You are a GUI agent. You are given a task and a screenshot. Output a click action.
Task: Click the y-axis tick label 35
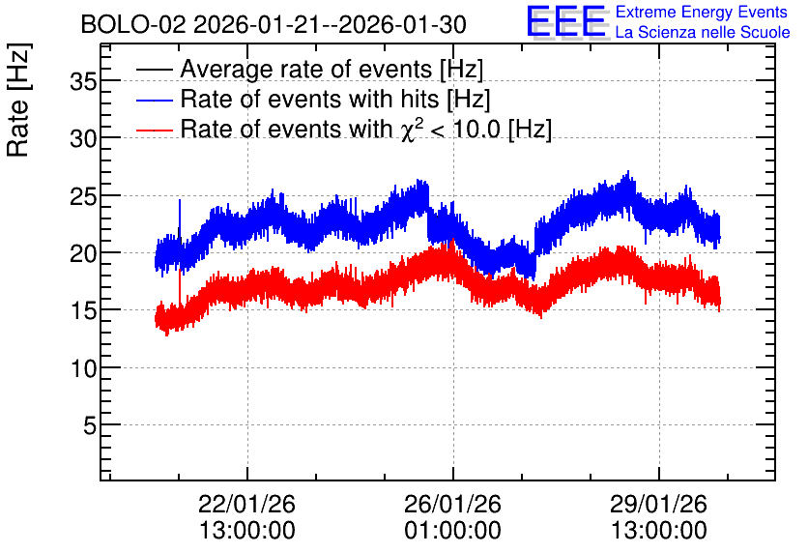[x=83, y=81]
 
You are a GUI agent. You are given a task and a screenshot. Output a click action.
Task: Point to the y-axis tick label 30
[x=83, y=138]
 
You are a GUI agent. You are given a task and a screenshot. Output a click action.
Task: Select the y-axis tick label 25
[x=83, y=196]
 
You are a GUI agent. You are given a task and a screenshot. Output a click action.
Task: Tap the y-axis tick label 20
[x=83, y=253]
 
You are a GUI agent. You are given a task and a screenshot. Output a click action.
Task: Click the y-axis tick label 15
[x=83, y=310]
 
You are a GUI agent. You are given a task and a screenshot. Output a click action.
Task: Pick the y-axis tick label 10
[x=83, y=368]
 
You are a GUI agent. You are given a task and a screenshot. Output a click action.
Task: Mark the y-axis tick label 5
[x=90, y=425]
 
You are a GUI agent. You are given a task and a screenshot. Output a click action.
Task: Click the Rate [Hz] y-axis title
[x=18, y=100]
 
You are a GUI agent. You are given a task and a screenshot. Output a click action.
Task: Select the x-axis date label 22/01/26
[x=246, y=504]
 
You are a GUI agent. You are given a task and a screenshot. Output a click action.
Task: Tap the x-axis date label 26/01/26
[x=452, y=504]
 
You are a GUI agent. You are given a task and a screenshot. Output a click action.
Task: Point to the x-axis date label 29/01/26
[x=658, y=504]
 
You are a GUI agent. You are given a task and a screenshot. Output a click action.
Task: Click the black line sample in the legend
[x=155, y=69]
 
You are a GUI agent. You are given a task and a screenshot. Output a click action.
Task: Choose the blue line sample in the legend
[x=155, y=100]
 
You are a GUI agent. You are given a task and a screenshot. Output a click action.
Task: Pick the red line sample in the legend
[x=155, y=130]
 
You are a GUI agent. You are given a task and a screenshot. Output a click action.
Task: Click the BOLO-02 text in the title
[x=133, y=24]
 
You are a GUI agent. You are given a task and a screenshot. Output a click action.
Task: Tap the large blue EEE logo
[x=566, y=21]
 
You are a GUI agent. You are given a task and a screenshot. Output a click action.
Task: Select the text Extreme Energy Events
[x=702, y=12]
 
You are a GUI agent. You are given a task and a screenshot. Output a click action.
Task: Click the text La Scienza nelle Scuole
[x=703, y=32]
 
